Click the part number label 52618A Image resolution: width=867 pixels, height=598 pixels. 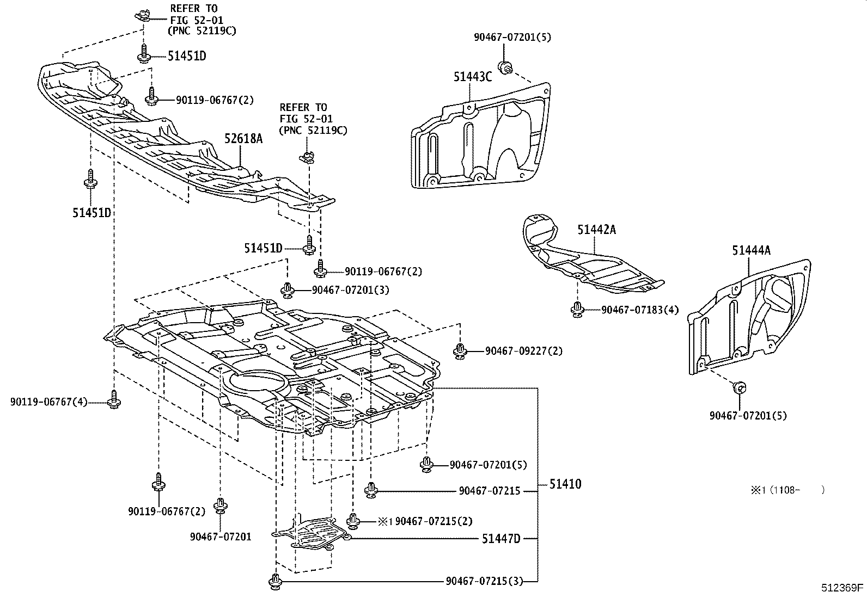click(x=243, y=139)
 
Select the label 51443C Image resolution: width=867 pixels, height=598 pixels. click(x=472, y=77)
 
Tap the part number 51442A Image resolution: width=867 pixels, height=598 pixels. click(x=596, y=230)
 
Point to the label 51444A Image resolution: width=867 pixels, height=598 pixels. click(x=751, y=250)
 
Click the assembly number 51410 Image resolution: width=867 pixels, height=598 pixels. click(x=565, y=484)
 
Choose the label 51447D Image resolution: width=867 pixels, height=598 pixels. click(x=501, y=539)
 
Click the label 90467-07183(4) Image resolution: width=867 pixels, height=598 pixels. click(x=640, y=310)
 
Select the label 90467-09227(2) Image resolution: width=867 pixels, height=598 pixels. click(x=523, y=351)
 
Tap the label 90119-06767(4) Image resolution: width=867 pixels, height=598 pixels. click(x=48, y=402)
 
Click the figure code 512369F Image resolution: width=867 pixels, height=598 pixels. click(x=842, y=588)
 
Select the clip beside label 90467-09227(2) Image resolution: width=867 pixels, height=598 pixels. click(x=460, y=350)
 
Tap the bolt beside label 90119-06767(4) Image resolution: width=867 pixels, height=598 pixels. click(x=114, y=399)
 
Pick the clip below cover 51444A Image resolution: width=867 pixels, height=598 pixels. click(x=739, y=387)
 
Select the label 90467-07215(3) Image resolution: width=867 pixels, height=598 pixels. click(x=484, y=581)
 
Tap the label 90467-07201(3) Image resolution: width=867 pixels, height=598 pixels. click(x=350, y=290)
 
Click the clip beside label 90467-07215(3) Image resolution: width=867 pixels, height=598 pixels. click(x=276, y=581)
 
